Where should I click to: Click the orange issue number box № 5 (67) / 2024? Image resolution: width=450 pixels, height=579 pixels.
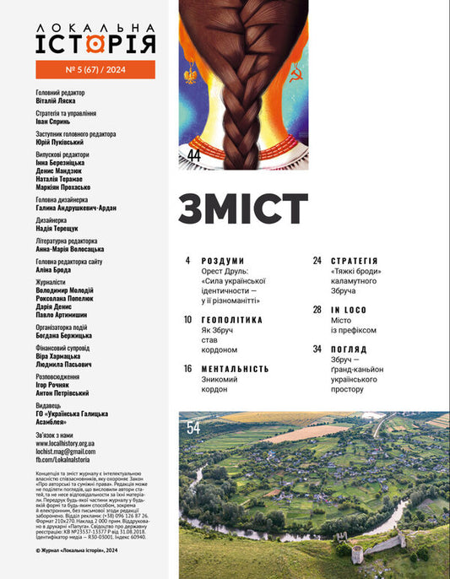(x=95, y=69)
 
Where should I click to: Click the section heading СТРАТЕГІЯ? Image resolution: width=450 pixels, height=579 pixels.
(x=354, y=261)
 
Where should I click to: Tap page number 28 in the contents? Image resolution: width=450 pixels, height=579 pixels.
(x=317, y=310)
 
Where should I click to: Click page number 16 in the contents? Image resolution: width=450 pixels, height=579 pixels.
(x=188, y=369)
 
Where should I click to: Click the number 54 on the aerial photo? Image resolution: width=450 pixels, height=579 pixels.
(x=193, y=428)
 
